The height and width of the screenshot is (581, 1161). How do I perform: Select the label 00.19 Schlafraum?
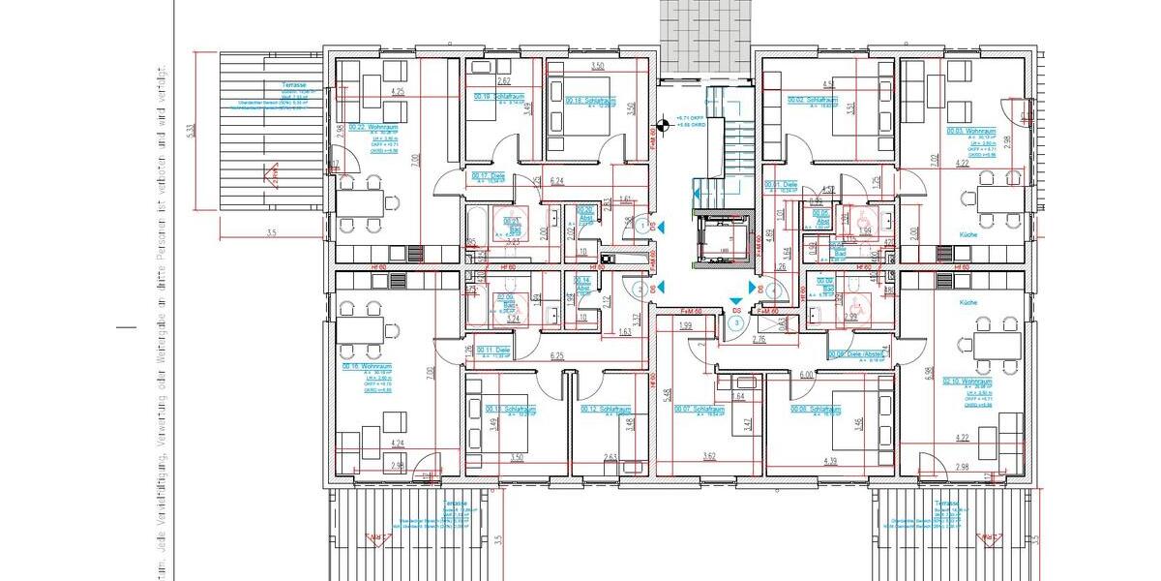tap(497, 97)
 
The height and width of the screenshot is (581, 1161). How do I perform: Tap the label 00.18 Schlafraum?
tap(589, 100)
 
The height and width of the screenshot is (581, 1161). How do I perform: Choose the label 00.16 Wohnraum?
tap(366, 368)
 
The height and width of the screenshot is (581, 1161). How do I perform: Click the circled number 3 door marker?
tap(737, 322)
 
